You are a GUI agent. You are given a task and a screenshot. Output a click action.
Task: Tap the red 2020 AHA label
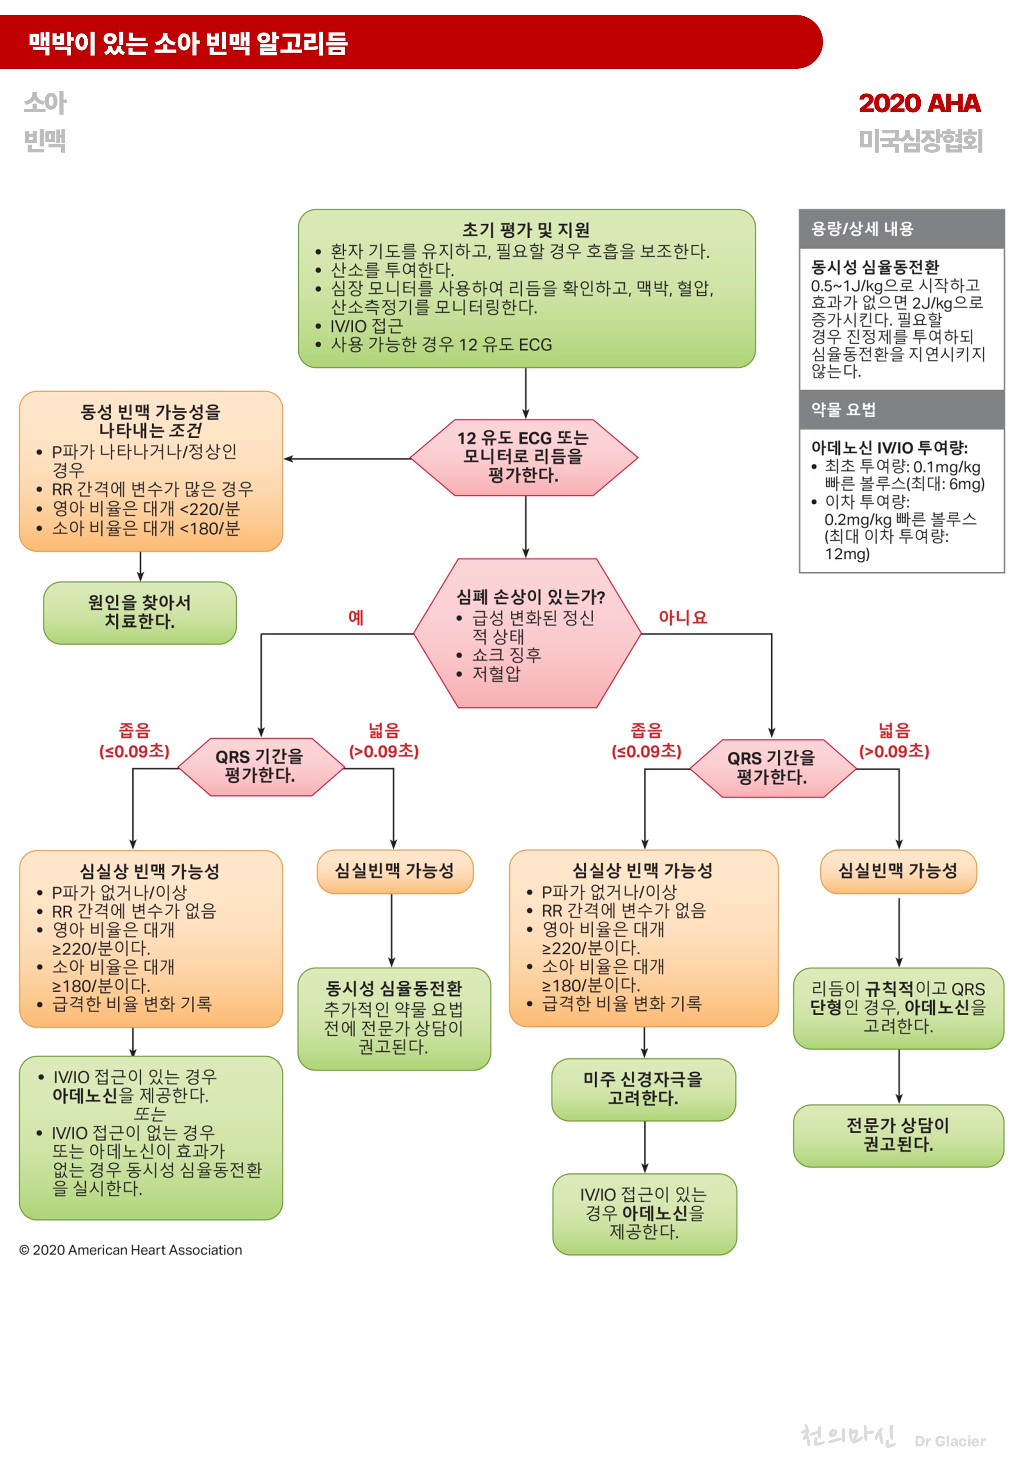(x=918, y=103)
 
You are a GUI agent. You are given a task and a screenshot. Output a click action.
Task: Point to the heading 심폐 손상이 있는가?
(x=530, y=597)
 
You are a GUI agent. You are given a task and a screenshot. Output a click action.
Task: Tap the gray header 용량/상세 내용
(x=862, y=229)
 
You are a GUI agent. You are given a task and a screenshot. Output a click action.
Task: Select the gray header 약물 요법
(x=843, y=409)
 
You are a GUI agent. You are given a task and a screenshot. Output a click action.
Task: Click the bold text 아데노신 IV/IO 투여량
(x=889, y=447)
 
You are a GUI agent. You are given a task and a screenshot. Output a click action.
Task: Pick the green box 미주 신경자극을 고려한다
(x=643, y=1088)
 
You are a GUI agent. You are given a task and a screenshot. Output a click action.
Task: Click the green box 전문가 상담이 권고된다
(x=898, y=1135)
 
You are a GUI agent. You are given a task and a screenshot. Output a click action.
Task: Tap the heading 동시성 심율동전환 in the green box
(x=394, y=988)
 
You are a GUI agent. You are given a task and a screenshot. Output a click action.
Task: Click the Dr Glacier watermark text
(x=949, y=1441)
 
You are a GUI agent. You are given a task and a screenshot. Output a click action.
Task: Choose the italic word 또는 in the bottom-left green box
(x=150, y=1113)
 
